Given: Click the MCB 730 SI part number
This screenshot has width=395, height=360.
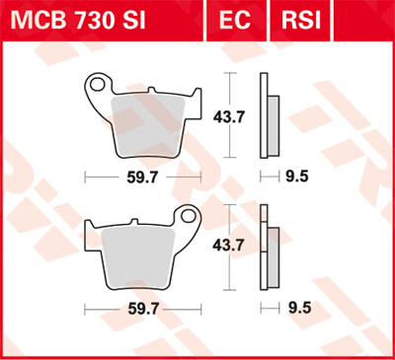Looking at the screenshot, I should pyautogui.click(x=95, y=19).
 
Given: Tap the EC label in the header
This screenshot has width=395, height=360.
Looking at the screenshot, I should pyautogui.click(x=241, y=19).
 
